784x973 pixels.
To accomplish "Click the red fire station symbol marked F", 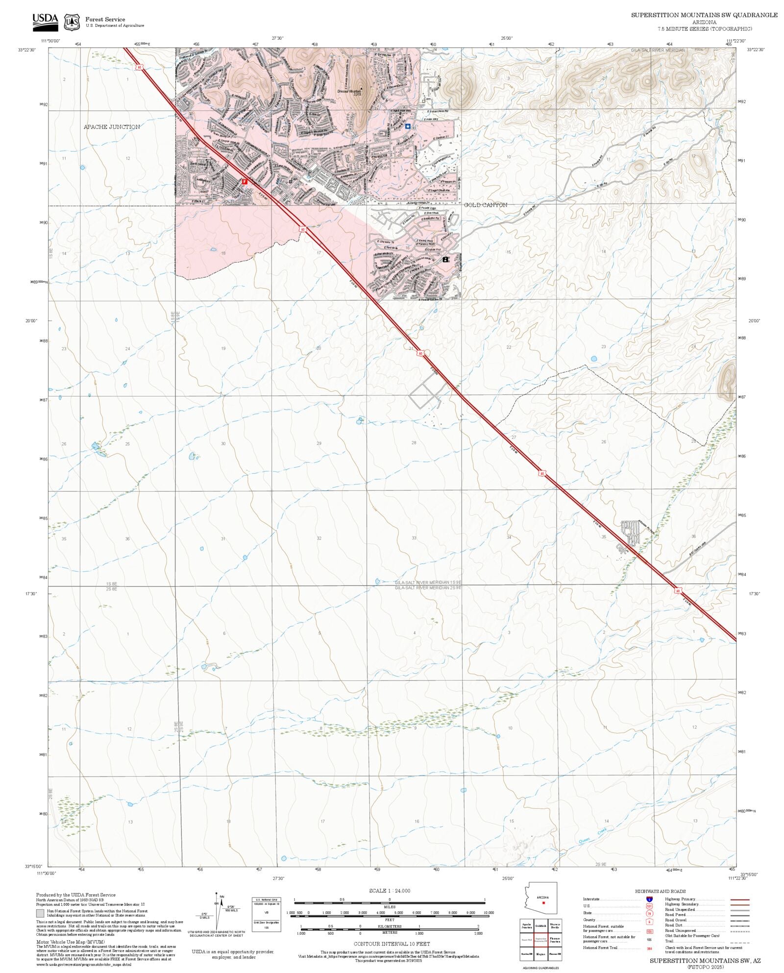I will click(x=245, y=181).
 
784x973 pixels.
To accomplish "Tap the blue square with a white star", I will click(x=408, y=126).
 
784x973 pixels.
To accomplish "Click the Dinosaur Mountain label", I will click(x=349, y=91).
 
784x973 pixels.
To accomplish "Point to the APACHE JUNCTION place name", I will click(x=112, y=127).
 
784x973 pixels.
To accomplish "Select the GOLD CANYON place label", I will click(x=486, y=205).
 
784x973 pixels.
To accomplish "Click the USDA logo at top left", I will click(x=45, y=22).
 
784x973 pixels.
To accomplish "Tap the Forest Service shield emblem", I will click(x=72, y=22).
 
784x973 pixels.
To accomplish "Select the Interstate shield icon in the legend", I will click(x=649, y=899).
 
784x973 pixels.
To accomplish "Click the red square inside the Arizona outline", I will click(x=543, y=902).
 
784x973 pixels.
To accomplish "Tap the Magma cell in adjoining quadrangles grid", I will click(x=540, y=954).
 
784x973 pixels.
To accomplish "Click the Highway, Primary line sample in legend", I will click(x=739, y=900).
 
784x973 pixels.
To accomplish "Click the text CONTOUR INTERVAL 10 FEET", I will click(x=392, y=944).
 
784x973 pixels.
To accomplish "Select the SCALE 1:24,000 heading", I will click(x=390, y=891).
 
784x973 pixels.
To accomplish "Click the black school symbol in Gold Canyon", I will click(x=445, y=259).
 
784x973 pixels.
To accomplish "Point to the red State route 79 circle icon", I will click(x=649, y=914).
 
